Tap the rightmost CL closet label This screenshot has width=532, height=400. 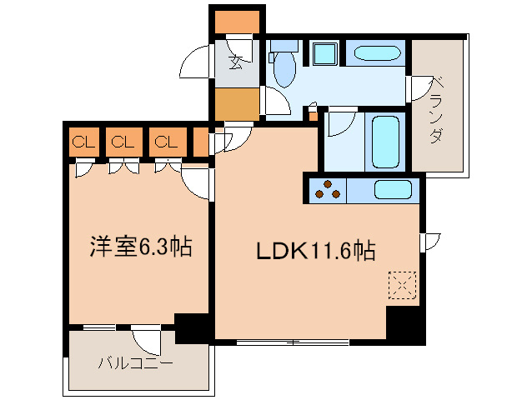point(165,142)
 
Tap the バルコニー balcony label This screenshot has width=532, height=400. point(135,363)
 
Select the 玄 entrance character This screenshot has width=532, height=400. point(237,62)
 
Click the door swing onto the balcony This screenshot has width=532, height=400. point(147,339)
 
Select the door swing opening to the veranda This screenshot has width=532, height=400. point(419,87)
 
